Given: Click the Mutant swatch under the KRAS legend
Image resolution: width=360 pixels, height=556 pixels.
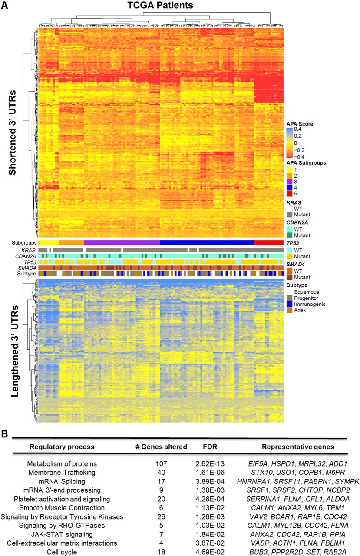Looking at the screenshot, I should (x=290, y=214).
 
